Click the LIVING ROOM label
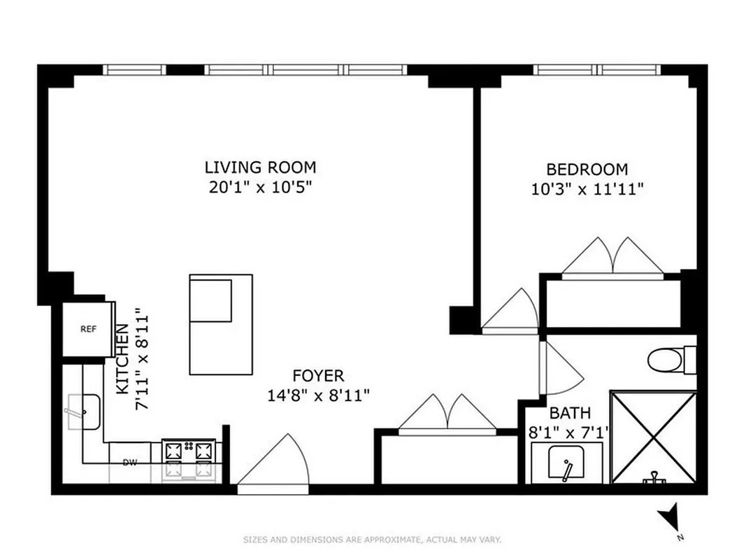(x=260, y=167)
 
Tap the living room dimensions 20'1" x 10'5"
(x=260, y=187)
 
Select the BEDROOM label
(x=587, y=169)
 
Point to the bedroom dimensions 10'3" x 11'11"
(x=587, y=188)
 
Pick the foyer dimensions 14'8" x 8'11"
(x=318, y=395)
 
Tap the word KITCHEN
(x=122, y=358)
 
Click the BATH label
(x=569, y=412)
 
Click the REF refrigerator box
(x=88, y=329)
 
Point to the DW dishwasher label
(x=129, y=462)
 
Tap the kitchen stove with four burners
(x=188, y=458)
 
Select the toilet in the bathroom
(x=668, y=360)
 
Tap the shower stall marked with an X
(x=654, y=437)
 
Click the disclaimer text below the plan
(x=373, y=540)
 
